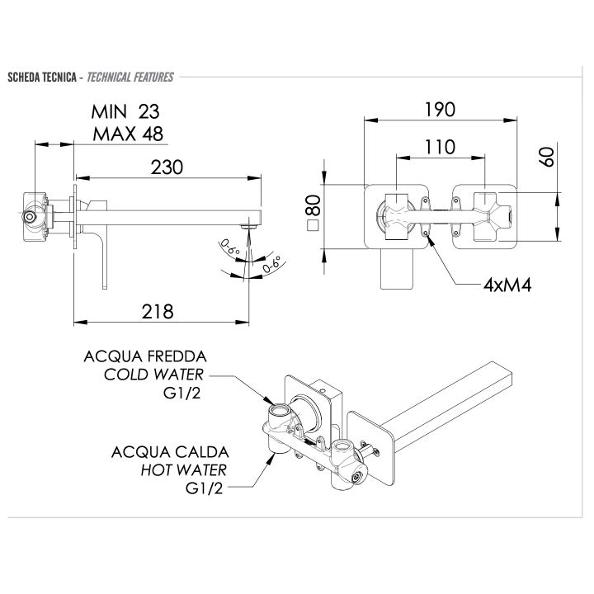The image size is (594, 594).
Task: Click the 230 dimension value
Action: (x=166, y=167)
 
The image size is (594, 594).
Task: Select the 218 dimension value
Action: (x=157, y=311)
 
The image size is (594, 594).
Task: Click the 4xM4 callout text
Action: (x=506, y=285)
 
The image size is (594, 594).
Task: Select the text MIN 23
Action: (x=127, y=111)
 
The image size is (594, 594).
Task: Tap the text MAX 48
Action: (x=127, y=134)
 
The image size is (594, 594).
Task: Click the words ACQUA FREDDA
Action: (x=144, y=357)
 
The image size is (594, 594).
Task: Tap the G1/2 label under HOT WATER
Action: (x=206, y=488)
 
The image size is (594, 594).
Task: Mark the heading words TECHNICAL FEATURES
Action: (x=130, y=78)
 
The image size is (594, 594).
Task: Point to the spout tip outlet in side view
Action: (x=244, y=223)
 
